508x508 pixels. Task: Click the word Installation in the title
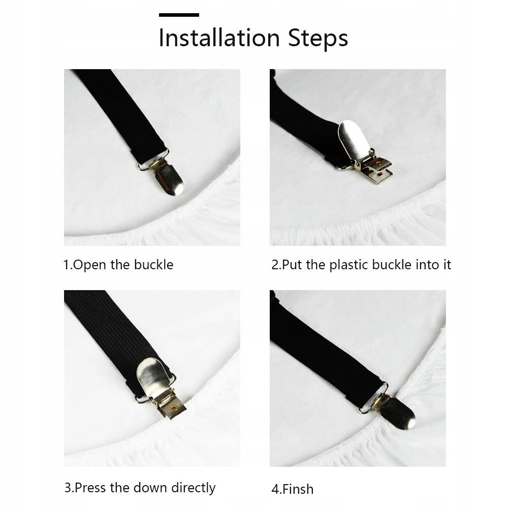click(219, 38)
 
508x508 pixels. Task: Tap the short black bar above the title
click(179, 15)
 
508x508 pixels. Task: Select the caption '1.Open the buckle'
click(118, 265)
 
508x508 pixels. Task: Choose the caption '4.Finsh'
click(292, 489)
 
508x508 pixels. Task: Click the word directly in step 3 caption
click(193, 488)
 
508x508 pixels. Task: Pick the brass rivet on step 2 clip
click(378, 162)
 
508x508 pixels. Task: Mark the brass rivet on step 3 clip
click(174, 407)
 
